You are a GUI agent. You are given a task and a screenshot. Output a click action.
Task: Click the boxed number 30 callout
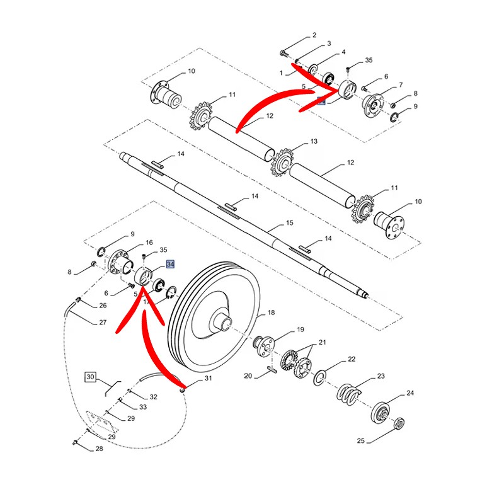tap(90, 377)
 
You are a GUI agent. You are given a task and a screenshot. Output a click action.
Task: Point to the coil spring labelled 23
tap(348, 394)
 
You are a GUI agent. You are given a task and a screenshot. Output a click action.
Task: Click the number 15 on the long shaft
tap(289, 223)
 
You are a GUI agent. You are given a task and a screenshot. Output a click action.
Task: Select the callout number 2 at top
tap(315, 35)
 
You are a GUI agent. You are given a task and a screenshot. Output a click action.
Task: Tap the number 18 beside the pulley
tap(272, 312)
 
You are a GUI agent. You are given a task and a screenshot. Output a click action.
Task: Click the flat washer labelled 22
tap(320, 377)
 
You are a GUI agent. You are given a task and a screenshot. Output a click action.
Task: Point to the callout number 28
tap(100, 449)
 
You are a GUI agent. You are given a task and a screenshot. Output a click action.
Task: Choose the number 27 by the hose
tap(103, 323)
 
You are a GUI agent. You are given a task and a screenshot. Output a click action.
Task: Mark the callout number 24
tap(410, 392)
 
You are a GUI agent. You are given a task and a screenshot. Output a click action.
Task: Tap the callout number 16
tap(149, 243)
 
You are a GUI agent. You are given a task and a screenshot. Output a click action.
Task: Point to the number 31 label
tap(209, 379)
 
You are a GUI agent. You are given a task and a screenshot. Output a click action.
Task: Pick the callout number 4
tap(343, 52)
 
